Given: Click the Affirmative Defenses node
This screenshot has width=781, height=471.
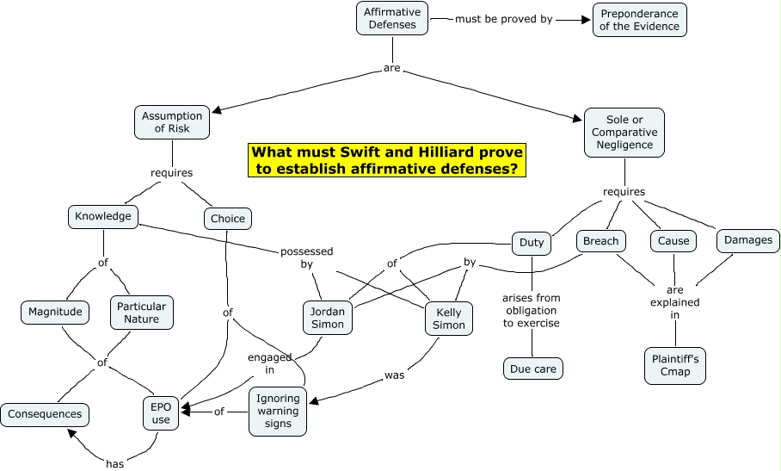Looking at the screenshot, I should click(x=392, y=19).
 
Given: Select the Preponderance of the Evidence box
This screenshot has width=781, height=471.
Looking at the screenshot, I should click(x=639, y=19).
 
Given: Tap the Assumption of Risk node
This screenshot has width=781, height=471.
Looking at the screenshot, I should click(x=172, y=122).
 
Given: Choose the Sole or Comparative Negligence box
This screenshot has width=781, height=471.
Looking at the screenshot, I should click(x=624, y=133).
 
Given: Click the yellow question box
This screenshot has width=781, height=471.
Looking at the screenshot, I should click(x=386, y=160).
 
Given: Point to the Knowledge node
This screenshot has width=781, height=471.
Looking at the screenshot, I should click(x=102, y=216).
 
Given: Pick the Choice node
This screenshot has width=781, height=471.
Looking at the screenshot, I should click(x=228, y=219).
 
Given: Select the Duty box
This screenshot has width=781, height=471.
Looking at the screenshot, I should click(x=532, y=243).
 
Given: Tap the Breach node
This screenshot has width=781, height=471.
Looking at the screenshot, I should click(x=600, y=241).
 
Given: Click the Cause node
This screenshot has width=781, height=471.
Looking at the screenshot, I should click(x=673, y=241).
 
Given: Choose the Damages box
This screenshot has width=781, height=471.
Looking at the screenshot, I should click(x=747, y=240).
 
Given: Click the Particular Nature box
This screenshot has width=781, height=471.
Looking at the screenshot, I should click(x=141, y=312).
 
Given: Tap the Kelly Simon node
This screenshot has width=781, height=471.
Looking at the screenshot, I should click(x=449, y=318).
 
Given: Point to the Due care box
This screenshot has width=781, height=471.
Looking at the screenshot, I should click(x=533, y=369).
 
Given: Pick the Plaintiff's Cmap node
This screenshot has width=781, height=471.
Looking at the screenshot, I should click(x=674, y=365).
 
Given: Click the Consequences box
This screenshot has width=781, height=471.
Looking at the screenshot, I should click(x=45, y=414).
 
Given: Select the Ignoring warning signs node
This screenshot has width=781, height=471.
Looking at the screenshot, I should click(x=278, y=412).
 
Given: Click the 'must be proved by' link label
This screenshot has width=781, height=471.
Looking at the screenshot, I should click(x=503, y=18).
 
